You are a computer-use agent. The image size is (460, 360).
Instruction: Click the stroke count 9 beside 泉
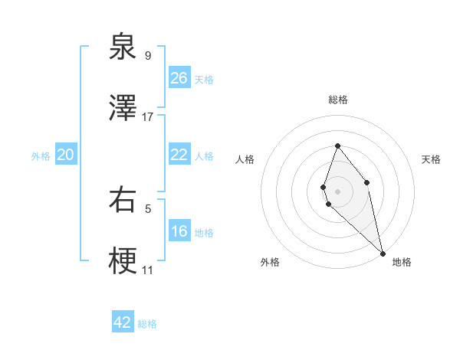pos(148,55)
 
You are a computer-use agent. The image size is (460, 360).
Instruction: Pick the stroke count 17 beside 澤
pos(148,117)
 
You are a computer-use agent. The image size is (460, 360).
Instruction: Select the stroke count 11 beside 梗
pos(148,270)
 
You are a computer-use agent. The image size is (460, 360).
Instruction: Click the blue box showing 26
pos(179,78)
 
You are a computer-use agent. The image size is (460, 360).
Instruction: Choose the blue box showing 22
pos(179,155)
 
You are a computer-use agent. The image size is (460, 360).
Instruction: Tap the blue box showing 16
pos(179,231)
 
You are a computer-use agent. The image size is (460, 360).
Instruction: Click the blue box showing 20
pos(66,155)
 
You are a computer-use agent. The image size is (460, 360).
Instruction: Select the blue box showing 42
pos(123,322)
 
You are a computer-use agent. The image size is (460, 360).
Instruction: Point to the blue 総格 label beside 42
pos(147,324)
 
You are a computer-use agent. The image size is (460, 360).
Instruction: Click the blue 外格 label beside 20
pos(41,156)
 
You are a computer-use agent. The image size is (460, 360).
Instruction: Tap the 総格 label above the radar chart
pos(337,100)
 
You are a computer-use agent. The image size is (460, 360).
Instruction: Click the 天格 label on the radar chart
pos(431,159)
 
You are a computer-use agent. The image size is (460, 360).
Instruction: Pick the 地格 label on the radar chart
pos(402,262)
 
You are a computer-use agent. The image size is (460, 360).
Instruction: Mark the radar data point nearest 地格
pos(382,253)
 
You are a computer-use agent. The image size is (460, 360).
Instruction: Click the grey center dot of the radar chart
pos(337,191)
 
